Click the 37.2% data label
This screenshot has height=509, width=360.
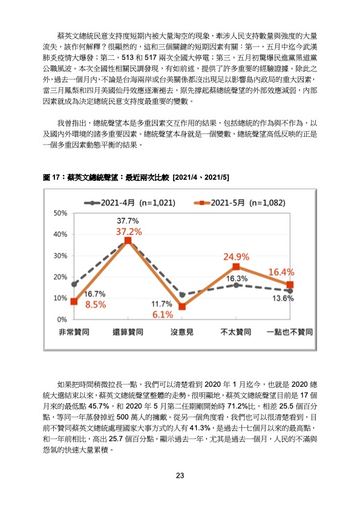pyautogui.click(x=129, y=232)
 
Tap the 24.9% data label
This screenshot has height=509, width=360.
pyautogui.click(x=237, y=257)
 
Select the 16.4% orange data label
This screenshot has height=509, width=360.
pyautogui.click(x=281, y=272)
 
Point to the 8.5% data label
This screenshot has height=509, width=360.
pyautogui.click(x=96, y=305)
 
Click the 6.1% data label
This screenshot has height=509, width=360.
pyautogui.click(x=163, y=315)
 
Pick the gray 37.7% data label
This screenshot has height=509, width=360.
pyautogui.click(x=128, y=221)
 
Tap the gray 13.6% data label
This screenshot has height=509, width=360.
pyautogui.click(x=283, y=298)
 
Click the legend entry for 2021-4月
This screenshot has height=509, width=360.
pyautogui.click(x=129, y=203)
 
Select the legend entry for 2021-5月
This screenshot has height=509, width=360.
pyautogui.click(x=240, y=203)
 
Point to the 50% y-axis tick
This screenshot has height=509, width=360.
pyautogui.click(x=61, y=213)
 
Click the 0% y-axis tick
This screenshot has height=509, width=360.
pyautogui.click(x=62, y=320)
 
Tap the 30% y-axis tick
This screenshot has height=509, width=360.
pyautogui.click(x=61, y=256)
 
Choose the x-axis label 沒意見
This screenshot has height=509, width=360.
pyautogui.click(x=182, y=332)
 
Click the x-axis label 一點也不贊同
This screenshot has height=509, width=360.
pyautogui.click(x=290, y=332)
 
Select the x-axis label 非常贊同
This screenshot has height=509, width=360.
pyautogui.click(x=74, y=332)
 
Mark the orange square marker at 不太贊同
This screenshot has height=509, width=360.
pyautogui.click(x=236, y=267)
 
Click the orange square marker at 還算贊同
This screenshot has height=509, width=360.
pyautogui.click(x=128, y=240)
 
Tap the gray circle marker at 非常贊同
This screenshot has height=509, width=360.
pyautogui.click(x=74, y=284)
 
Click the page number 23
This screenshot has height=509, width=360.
pyautogui.click(x=180, y=476)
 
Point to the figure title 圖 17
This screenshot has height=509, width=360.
pyautogui.click(x=51, y=177)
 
